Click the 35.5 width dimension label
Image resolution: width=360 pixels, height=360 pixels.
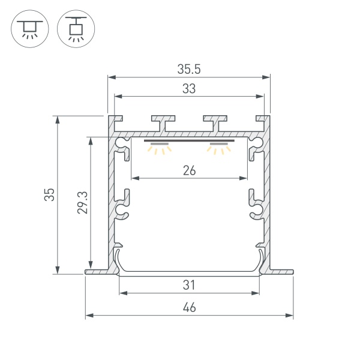coord(188,69)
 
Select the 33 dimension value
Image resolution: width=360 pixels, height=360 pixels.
coord(188,89)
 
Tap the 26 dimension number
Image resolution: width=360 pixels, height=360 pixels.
coord(189,170)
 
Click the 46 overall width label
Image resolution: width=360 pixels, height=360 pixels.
coord(189,307)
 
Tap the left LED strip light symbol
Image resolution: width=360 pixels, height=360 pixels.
coord(160,148)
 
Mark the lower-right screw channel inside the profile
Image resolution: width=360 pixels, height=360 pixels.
coord(256,211)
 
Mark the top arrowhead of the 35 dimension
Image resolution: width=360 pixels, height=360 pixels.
coord(58,119)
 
